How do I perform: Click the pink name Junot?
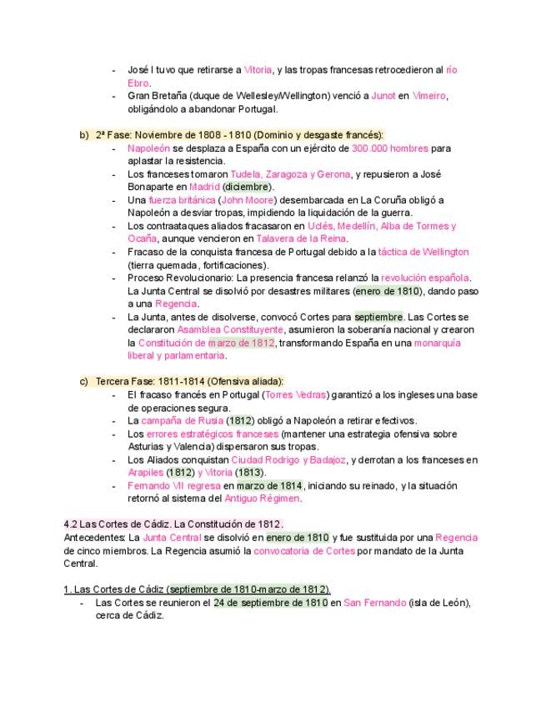383,96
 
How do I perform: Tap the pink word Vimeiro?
429,96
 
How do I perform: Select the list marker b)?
84,135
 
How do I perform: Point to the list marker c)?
84,381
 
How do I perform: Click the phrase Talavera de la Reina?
282,238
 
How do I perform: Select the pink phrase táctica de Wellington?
423,252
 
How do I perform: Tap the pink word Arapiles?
146,472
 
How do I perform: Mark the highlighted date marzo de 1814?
269,485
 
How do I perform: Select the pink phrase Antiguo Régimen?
262,499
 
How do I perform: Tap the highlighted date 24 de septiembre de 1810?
270,602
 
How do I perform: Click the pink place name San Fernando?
374,602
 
